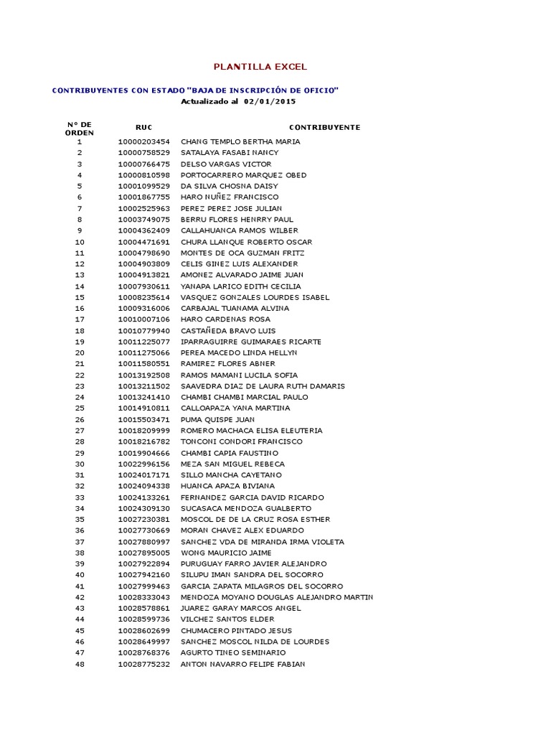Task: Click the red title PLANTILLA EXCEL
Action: point(260,67)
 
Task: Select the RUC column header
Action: point(143,127)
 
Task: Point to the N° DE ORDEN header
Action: point(80,128)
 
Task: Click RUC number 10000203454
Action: point(143,141)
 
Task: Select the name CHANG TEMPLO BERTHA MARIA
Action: point(240,141)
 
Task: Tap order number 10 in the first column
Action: point(80,242)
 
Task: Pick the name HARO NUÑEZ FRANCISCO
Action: point(230,197)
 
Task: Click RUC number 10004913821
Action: point(143,275)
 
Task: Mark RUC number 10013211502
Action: point(143,386)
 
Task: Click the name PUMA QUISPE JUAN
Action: point(217,419)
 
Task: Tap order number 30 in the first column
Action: point(80,464)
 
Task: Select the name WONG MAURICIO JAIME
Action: point(226,553)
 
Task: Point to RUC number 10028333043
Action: point(143,597)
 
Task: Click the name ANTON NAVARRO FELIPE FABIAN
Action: point(242,664)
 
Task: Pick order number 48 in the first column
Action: point(80,664)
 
